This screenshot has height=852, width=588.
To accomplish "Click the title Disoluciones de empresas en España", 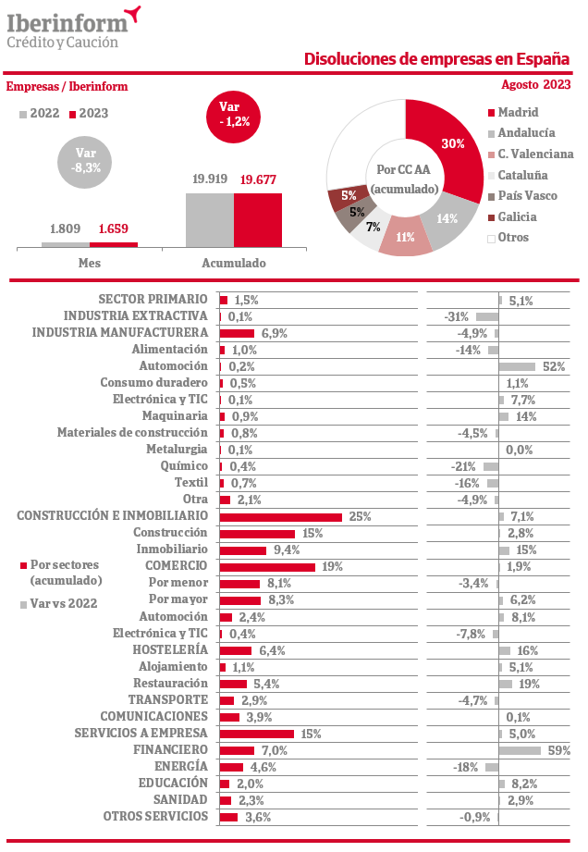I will [x=436, y=59].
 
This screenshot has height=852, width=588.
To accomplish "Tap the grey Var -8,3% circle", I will [x=86, y=160].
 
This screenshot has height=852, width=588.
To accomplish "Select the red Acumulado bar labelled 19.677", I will [x=258, y=220].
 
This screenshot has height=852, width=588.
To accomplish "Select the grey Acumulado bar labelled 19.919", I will [x=210, y=220].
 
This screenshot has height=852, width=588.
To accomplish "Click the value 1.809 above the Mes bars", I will [x=66, y=228].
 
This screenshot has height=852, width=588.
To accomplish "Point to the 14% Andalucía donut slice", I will [x=448, y=219].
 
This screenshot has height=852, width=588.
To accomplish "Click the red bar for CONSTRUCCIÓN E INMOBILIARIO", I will [x=280, y=516].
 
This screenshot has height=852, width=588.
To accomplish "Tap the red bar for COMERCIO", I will [x=267, y=567].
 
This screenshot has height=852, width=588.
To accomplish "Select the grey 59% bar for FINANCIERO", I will [x=520, y=750].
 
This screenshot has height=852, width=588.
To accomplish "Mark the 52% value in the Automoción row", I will [x=554, y=366].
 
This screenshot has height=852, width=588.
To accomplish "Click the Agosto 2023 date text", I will [x=535, y=85].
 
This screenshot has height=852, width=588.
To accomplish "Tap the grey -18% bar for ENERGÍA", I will [x=492, y=767].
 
